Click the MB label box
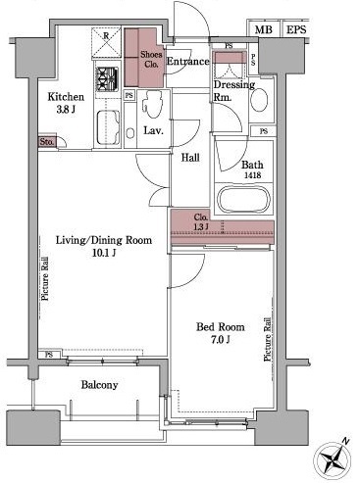tap(264, 29)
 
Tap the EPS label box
tap(296, 29)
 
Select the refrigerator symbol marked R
tap(106, 42)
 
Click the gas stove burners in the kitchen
tap(107, 79)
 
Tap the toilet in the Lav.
tap(153, 103)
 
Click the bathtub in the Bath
tap(244, 199)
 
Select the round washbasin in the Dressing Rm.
tap(259, 98)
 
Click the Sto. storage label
tap(47, 142)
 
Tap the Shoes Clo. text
tap(151, 59)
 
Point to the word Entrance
tap(187, 61)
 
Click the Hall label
tap(190, 158)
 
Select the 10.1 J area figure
tap(104, 253)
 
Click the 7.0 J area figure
tap(220, 340)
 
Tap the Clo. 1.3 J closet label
tap(201, 221)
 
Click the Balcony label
tap(99, 385)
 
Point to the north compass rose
tap(333, 459)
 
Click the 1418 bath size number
tap(252, 175)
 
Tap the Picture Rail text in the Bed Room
tap(268, 339)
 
